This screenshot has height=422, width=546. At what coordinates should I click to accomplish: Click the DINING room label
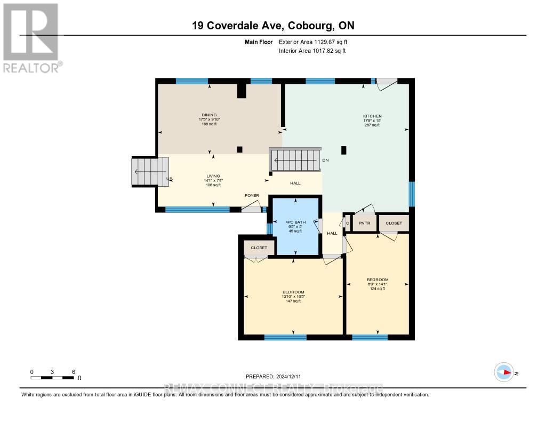(x=210, y=115)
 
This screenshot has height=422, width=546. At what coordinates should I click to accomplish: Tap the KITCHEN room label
(x=372, y=116)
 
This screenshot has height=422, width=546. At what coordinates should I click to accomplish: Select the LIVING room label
(x=213, y=176)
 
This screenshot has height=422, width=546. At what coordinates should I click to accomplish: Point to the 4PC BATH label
(x=294, y=221)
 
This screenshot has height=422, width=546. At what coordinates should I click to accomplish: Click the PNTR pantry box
(x=364, y=223)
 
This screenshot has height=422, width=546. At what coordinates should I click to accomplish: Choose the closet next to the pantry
(x=394, y=223)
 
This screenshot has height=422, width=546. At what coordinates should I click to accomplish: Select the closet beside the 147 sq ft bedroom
(x=259, y=248)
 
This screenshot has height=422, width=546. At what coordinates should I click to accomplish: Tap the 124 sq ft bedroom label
(x=378, y=280)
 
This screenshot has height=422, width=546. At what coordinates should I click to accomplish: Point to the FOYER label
(x=252, y=196)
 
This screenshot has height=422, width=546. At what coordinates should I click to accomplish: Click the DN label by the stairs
(x=325, y=160)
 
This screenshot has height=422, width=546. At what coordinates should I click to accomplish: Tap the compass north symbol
(x=504, y=372)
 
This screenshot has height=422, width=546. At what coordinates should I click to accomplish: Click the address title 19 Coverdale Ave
(x=272, y=26)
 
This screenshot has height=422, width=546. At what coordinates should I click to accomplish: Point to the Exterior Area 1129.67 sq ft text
(x=313, y=42)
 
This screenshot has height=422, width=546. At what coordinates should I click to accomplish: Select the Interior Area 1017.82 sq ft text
(x=312, y=51)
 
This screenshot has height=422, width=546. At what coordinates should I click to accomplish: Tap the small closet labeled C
(x=348, y=223)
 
